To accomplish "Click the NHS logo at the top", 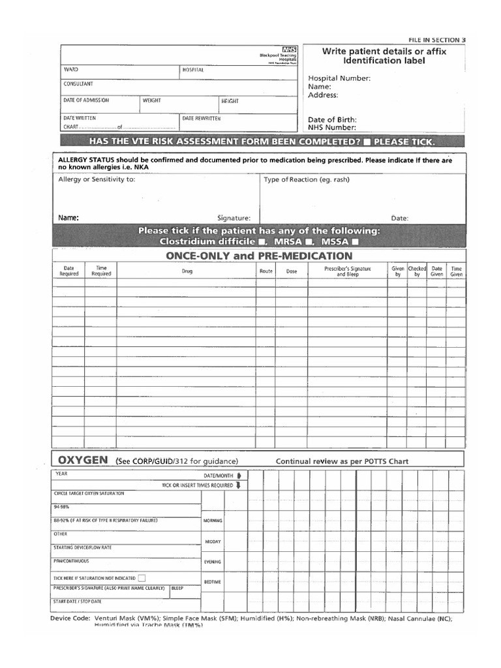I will (x=289, y=50).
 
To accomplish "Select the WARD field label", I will (x=70, y=69).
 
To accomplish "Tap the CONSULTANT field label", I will (x=78, y=84).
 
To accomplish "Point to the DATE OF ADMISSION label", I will (x=86, y=100).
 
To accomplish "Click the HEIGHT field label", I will (x=230, y=101).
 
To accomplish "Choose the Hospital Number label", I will (x=339, y=78).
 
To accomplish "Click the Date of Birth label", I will (x=332, y=119).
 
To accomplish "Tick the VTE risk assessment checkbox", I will (x=367, y=142).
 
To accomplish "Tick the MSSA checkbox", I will (x=356, y=241).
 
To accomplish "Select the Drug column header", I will (x=187, y=271).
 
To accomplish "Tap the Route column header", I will (x=266, y=271).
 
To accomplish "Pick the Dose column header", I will (x=291, y=271).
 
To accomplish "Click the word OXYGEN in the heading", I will (x=83, y=460).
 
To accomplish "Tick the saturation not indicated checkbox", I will (x=142, y=577).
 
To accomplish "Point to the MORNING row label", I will (x=213, y=521).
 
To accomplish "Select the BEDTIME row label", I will (x=213, y=581).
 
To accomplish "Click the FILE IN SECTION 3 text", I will (x=436, y=40).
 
